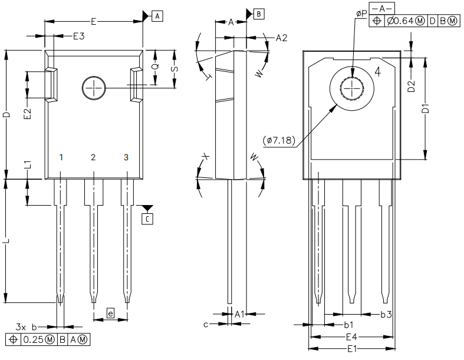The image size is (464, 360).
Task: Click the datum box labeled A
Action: (157, 16)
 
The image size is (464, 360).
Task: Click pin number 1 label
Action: (61, 157)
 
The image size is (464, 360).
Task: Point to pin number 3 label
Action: (126, 157)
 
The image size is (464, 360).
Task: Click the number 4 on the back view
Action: (379, 72)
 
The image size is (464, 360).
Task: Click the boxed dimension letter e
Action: (111, 313)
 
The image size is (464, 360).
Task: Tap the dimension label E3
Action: (79, 37)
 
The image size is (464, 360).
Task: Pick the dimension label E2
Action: (27, 114)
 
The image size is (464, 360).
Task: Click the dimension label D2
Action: (412, 87)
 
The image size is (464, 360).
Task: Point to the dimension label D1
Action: (425, 109)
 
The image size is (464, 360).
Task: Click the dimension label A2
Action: (281, 38)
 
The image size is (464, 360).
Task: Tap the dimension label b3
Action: (386, 315)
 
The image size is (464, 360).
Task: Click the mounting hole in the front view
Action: (93, 88)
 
